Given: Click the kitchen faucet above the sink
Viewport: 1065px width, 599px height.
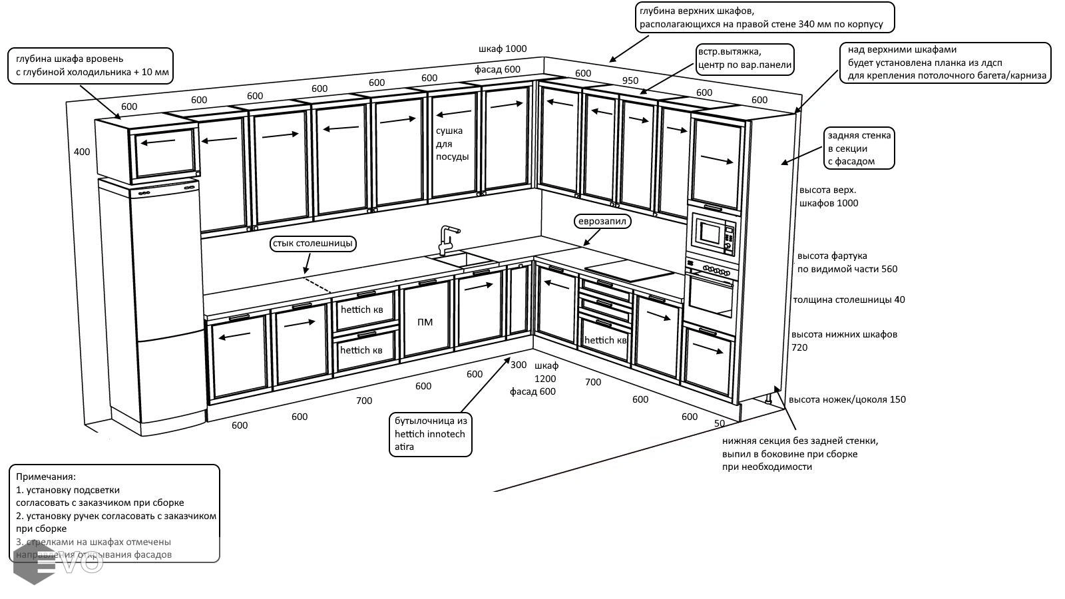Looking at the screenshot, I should [446, 240].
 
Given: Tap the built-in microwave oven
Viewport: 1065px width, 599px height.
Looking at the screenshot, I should [712, 234].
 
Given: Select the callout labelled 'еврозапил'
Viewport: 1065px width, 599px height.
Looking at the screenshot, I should [602, 221].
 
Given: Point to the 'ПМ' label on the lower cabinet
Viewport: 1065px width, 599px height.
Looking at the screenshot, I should [425, 322].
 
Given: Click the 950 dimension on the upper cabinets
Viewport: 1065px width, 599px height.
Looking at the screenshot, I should [630, 81].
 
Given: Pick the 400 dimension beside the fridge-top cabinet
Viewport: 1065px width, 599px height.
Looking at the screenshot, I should [81, 152].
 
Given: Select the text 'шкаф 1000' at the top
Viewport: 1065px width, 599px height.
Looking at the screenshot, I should [503, 49].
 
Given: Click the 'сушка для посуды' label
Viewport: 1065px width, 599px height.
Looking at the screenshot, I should [452, 144].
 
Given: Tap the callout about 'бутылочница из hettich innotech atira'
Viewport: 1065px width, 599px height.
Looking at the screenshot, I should [431, 434].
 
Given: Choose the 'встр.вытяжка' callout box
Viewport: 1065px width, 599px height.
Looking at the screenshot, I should [744, 59].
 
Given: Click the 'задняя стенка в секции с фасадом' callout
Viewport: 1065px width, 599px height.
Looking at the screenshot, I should [859, 148].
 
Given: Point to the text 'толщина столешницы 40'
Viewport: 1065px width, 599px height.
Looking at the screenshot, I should [849, 299].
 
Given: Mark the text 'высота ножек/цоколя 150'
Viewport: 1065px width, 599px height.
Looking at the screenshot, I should [847, 399].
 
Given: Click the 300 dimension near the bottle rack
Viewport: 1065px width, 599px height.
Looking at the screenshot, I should [518, 365].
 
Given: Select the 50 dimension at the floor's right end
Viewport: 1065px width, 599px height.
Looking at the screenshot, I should [720, 423].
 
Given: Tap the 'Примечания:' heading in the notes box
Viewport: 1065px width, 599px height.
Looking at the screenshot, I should [46, 477].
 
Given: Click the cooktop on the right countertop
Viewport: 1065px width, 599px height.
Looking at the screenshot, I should [629, 272].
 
